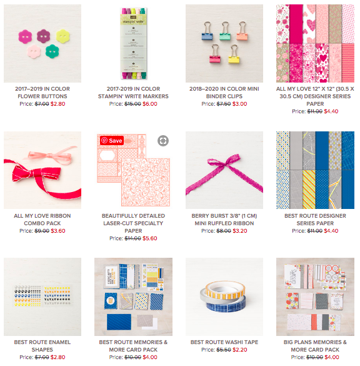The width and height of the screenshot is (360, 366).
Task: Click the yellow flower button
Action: point(63,36)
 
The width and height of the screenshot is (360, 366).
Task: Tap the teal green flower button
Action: point(52,51)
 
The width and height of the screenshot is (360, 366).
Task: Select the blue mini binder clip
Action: point(207,31)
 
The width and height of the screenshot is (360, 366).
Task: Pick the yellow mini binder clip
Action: point(234,55)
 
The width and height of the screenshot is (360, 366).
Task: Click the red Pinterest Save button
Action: point(112,141)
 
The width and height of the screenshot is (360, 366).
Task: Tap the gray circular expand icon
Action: point(163,141)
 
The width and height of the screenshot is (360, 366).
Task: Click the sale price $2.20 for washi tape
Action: point(240,350)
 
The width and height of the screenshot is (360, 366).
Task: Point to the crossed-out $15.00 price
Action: point(132,104)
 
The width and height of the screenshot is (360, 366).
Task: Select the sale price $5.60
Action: point(150,238)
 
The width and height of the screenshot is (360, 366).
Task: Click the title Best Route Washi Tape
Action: point(224,342)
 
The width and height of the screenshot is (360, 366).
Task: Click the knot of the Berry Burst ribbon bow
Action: point(223,165)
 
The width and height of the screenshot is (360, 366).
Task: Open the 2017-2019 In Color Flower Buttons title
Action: point(42,93)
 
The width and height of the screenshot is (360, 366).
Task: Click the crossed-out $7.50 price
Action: point(224,104)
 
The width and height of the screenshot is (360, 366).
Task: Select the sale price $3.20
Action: point(240,231)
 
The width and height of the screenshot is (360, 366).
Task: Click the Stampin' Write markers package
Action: point(133,43)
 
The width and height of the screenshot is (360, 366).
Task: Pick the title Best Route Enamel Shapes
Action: point(42,346)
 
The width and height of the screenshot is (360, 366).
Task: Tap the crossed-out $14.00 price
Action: point(132,238)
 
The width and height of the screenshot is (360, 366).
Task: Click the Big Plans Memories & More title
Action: point(315,346)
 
